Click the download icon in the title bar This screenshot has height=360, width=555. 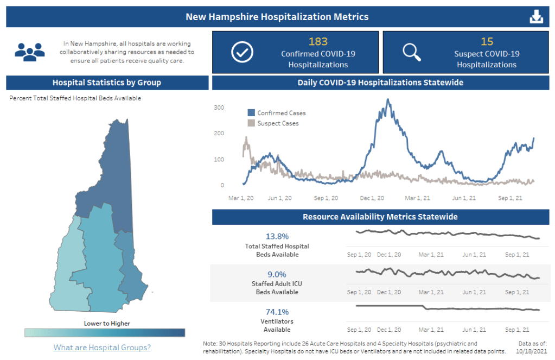coord(536,17)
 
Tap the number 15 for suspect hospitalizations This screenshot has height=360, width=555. coord(487,41)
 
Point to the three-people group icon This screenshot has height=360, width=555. coord(29,51)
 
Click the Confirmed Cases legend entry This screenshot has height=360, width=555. coord(277,113)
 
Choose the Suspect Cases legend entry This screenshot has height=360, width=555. coord(273,123)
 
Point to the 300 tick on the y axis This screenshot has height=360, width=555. coord(219,108)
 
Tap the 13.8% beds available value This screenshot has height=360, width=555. coord(277,237)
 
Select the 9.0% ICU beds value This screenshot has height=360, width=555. coord(277,274)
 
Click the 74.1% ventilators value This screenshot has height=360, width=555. coord(277,312)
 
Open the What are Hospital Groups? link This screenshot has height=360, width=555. coord(102,348)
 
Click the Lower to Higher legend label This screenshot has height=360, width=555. coord(107,323)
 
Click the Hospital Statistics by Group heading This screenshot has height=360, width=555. coord(107,83)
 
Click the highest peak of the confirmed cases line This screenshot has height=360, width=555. coord(387,99)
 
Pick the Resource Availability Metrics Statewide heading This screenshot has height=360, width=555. coord(380,217)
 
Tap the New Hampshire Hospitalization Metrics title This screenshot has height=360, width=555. coord(277,17)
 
